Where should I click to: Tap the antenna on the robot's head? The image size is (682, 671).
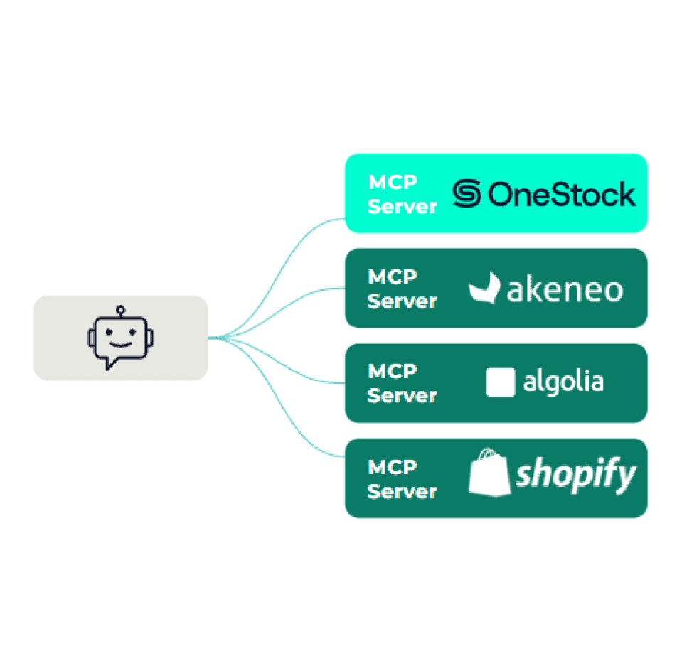point(121,310)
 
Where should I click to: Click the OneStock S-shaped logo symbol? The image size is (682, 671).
point(467,194)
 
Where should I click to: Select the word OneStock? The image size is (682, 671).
point(562,194)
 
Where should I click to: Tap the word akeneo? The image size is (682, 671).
point(565,290)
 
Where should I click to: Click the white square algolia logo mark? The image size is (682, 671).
point(500,382)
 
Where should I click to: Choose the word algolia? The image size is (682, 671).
point(563,382)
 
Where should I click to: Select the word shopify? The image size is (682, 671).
point(576,475)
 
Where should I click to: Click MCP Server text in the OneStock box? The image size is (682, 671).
point(402,194)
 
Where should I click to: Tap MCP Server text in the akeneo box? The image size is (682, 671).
point(402,289)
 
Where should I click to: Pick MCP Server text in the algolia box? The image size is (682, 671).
point(402,383)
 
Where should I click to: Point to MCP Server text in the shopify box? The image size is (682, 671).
point(402,479)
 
